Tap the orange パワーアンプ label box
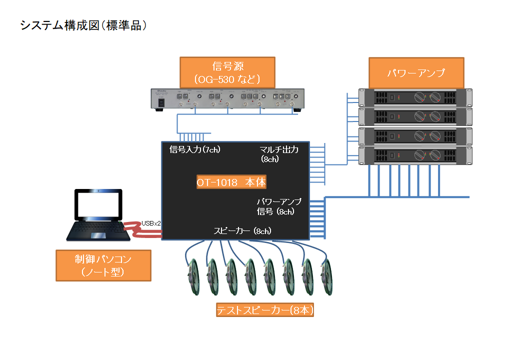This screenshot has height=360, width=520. click(x=416, y=73)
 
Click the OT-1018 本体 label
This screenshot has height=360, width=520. click(x=231, y=182)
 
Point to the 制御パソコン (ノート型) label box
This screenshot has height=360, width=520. click(x=103, y=265)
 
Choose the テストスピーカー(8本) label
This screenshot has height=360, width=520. click(x=265, y=310)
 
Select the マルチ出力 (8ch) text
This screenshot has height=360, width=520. click(x=279, y=154)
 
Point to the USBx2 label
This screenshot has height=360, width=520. click(x=151, y=223)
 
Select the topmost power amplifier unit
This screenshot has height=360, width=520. click(x=415, y=97)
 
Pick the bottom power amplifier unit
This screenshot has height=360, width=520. click(x=415, y=155)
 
